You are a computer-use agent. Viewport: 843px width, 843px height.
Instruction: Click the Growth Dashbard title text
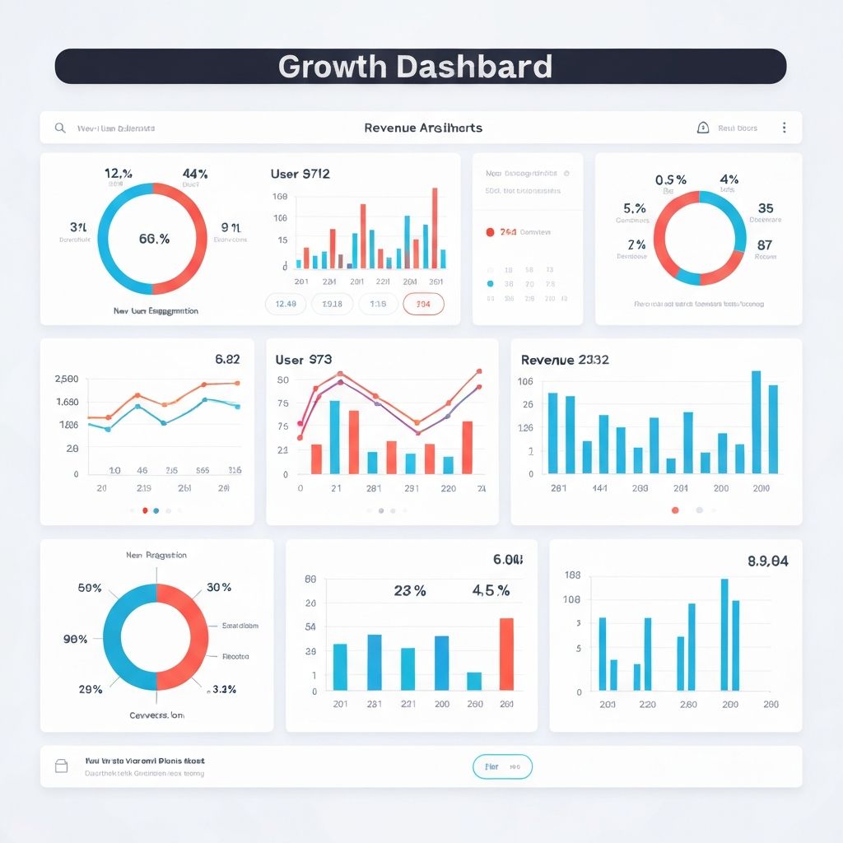pos(415,67)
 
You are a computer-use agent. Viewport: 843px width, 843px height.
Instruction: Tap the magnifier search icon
pos(60,128)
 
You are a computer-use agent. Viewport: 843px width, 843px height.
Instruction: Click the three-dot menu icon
pos(784,128)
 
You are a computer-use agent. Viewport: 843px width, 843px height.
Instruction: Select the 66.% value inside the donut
pos(154,239)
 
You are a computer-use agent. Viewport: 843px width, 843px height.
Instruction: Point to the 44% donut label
pos(195,174)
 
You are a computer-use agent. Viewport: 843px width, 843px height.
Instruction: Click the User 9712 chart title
pos(300,174)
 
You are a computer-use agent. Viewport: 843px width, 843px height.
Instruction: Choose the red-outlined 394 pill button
pos(423,304)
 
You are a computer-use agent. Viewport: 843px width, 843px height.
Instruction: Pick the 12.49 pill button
pos(286,304)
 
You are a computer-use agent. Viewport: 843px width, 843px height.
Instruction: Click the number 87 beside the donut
pos(765,245)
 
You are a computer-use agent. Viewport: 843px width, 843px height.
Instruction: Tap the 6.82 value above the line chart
pos(227,359)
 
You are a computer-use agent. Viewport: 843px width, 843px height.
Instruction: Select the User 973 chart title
pos(304,360)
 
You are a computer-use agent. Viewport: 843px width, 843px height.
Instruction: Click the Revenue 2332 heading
pos(565,360)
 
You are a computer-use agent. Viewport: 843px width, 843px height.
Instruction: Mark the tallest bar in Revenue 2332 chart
pos(756,421)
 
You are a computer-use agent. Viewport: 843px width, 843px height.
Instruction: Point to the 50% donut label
pos(90,588)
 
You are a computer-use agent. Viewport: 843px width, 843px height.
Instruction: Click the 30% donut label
pos(219,588)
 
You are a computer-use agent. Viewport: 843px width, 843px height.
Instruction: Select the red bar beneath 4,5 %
pos(506,654)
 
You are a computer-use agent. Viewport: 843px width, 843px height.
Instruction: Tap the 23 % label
pos(409,590)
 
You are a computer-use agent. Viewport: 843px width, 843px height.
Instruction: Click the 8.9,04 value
pos(767,561)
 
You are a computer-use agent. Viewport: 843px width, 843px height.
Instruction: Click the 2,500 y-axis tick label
pos(67,379)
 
